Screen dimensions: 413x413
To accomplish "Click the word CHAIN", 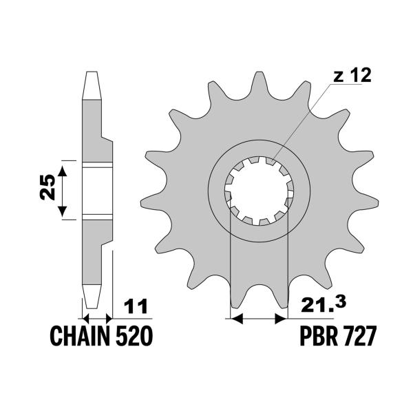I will click(81, 337).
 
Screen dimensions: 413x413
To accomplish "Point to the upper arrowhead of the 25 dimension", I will click(63, 169).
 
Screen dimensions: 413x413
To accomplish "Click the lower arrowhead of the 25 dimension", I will click(63, 214).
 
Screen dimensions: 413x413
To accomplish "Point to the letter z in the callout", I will click(338, 77).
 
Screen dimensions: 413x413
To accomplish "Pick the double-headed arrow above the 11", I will click(96, 319).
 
